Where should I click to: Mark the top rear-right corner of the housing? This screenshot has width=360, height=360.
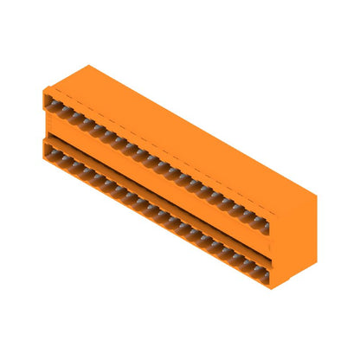[316, 196]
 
